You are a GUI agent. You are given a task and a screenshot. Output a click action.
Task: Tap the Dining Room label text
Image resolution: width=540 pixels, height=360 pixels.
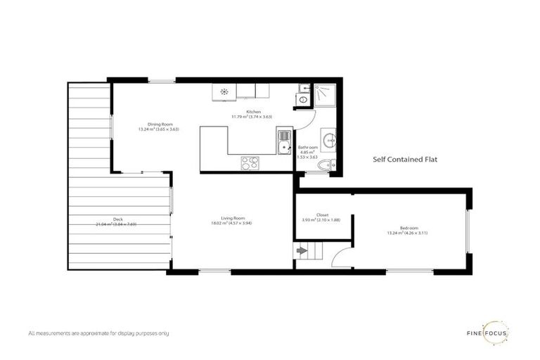pyautogui.click(x=151, y=124)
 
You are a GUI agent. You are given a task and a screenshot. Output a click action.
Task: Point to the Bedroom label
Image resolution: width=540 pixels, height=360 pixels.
pyautogui.click(x=409, y=228)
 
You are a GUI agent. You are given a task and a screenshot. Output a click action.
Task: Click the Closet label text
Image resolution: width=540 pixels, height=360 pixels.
pyautogui.click(x=322, y=215)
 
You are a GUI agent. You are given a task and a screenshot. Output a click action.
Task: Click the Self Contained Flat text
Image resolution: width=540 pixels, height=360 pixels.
pyautogui.click(x=405, y=160)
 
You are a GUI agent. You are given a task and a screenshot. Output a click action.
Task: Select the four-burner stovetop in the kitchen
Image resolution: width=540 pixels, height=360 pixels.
pyautogui.click(x=250, y=163)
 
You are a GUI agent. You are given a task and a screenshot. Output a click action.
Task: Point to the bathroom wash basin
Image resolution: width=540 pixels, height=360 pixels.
pyautogui.click(x=328, y=137)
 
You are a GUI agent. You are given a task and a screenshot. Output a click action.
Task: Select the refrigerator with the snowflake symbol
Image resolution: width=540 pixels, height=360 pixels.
pyautogui.click(x=224, y=91)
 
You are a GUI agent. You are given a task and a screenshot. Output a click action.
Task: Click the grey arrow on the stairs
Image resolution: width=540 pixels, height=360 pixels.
pyautogui.click(x=302, y=250)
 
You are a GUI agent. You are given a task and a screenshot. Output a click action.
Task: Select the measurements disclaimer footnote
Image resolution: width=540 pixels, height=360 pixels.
pyautogui.click(x=98, y=333)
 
